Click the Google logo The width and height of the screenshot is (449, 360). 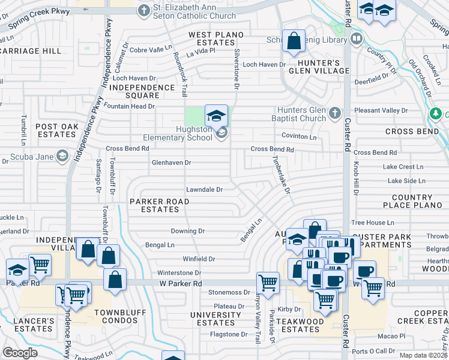pyautogui.click(x=20, y=353)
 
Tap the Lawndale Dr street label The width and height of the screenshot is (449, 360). pyautogui.click(x=204, y=190)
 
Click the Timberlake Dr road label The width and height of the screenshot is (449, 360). pyautogui.click(x=282, y=175)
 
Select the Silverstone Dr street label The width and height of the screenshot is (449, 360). pyautogui.click(x=237, y=70)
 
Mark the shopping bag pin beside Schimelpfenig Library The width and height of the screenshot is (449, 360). pyautogui.click(x=294, y=42)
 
